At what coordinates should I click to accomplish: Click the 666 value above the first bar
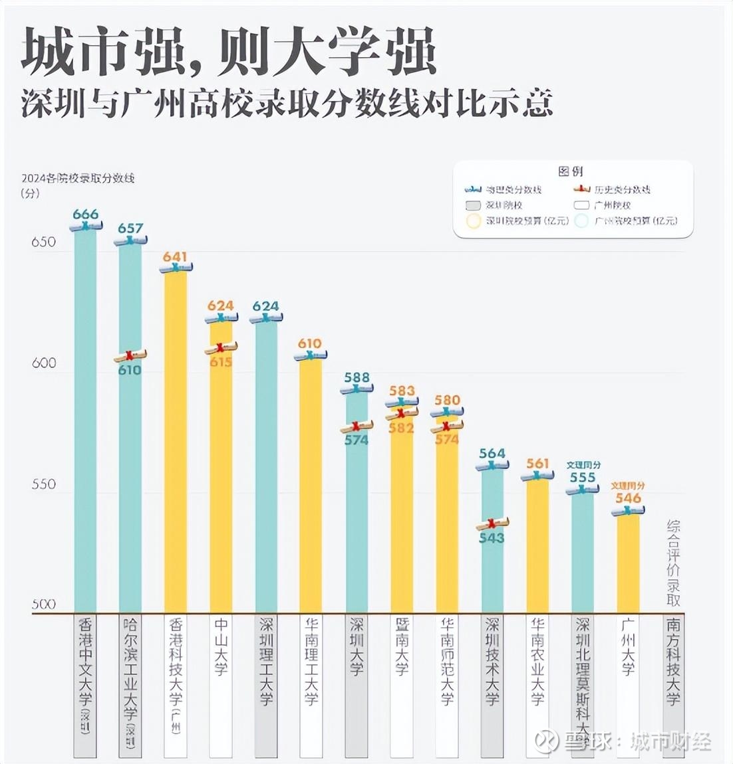coord(85,214)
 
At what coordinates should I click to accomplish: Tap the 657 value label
coord(130,228)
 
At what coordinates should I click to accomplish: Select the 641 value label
coord(175,256)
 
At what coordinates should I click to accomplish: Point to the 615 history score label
coord(221,362)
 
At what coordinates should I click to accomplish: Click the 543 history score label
coord(492,537)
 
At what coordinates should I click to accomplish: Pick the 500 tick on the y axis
coord(44,604)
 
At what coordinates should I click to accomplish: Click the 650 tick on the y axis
coord(44,242)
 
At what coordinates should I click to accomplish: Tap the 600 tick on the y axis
coord(44,363)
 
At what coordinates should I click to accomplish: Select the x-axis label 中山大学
coord(221,647)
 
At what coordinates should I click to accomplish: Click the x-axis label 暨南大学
coord(402,647)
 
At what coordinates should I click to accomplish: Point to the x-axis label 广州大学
coord(628,647)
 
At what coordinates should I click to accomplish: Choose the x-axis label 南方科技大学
coord(673,661)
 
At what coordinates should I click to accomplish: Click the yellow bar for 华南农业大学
coord(537,545)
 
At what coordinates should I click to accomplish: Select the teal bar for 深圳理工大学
coord(266,465)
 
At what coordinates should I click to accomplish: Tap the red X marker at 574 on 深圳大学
coord(357,427)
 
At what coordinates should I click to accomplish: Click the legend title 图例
coord(571,171)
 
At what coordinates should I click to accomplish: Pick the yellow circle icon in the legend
coord(474,221)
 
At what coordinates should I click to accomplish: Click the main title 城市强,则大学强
coord(229,52)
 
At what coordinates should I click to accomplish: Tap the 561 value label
coord(537,463)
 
